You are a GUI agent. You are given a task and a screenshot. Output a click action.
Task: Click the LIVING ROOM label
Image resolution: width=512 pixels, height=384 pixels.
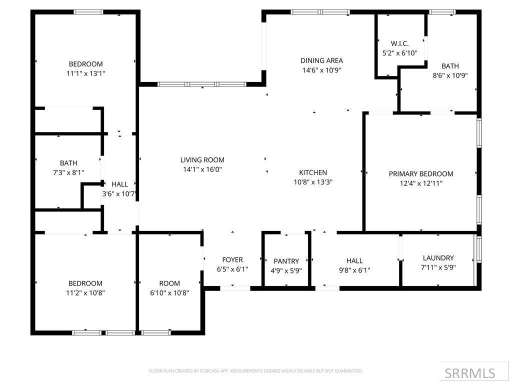point(202,160)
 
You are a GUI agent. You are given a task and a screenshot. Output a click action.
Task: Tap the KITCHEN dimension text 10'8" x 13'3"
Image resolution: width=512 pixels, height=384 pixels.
point(313,182)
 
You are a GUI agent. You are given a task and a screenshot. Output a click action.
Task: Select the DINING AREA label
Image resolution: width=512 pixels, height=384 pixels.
point(321,60)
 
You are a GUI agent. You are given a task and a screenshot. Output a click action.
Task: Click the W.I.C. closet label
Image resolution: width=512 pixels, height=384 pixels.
point(399,43)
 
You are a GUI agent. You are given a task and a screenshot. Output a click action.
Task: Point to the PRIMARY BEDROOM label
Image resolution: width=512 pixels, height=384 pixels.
point(421,174)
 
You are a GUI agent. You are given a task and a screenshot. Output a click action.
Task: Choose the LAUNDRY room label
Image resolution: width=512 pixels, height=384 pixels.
point(438,258)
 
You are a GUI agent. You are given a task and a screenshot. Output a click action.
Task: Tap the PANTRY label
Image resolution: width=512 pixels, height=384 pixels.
point(286,261)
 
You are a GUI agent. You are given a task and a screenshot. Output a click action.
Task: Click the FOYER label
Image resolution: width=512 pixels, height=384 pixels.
point(232,259)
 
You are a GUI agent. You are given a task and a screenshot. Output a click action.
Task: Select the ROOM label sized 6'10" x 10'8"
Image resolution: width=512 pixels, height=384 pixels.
point(169,283)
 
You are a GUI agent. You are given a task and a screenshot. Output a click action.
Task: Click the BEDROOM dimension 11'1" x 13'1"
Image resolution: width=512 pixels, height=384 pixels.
point(86,73)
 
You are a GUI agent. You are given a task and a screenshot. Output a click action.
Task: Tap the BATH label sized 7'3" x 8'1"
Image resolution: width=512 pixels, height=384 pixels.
point(68,163)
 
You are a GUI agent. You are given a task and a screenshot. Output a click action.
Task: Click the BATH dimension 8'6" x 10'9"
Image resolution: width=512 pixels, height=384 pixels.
point(450,75)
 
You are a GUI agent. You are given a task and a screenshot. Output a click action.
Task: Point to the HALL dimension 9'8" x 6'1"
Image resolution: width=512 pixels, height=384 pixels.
point(354,270)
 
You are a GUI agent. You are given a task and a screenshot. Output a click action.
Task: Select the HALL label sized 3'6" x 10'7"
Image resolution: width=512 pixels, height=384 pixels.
point(119,184)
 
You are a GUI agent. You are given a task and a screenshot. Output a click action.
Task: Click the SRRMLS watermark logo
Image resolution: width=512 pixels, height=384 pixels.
point(469,373)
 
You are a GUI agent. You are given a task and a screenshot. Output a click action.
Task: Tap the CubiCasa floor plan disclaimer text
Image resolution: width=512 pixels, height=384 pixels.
point(255,371)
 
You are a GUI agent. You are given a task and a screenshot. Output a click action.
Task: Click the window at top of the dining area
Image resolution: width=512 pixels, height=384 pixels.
point(320,12)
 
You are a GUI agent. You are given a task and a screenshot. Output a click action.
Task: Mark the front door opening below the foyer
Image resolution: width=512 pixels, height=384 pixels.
point(235,288)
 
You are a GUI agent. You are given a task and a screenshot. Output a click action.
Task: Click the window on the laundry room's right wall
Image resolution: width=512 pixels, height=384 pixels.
point(478,249)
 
